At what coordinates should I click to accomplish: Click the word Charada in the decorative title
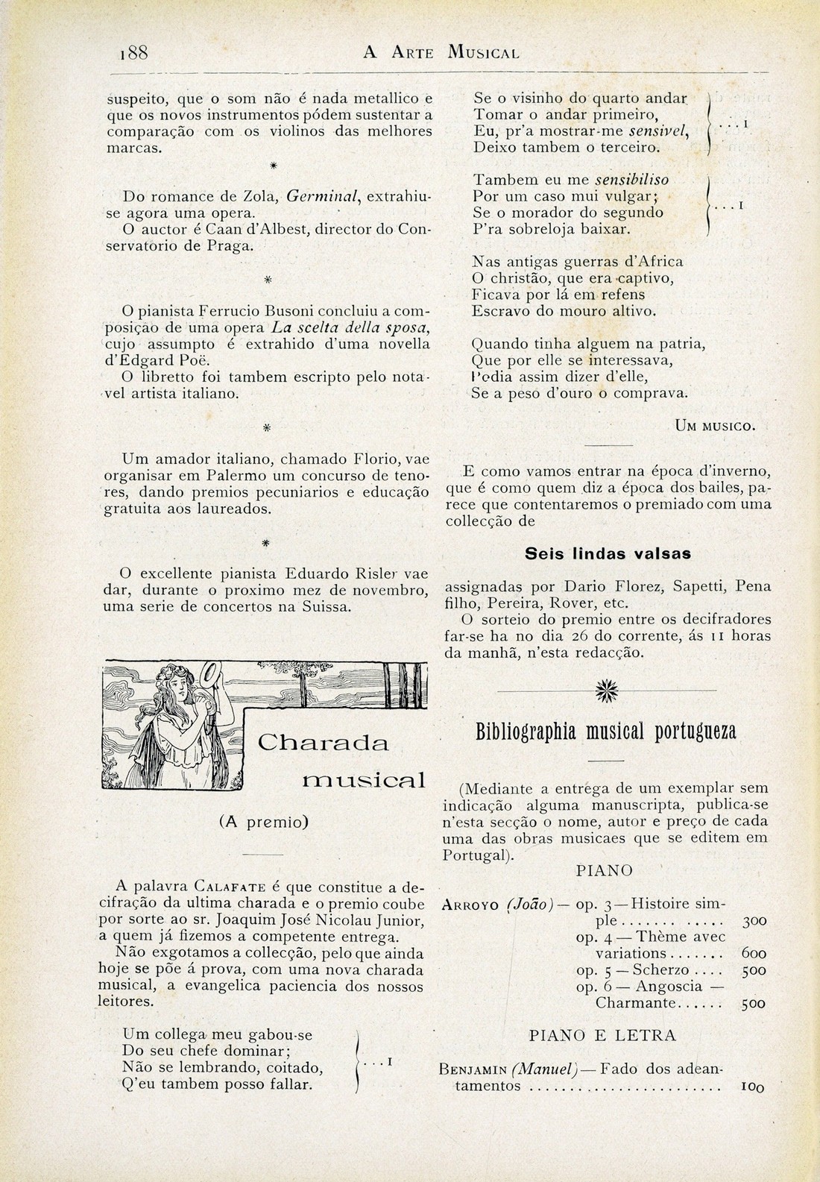click(323, 743)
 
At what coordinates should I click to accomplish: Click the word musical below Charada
click(365, 781)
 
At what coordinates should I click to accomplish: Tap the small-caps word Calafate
click(230, 887)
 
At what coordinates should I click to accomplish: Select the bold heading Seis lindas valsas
click(608, 554)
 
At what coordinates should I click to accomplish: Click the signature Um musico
click(715, 427)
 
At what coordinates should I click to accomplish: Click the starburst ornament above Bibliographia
click(602, 692)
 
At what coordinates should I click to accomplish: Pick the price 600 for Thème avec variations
click(754, 953)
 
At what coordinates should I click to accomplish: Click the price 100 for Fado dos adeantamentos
click(753, 1087)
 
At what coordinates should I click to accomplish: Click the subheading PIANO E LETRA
click(602, 1035)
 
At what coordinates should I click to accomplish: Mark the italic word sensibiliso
click(631, 180)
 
